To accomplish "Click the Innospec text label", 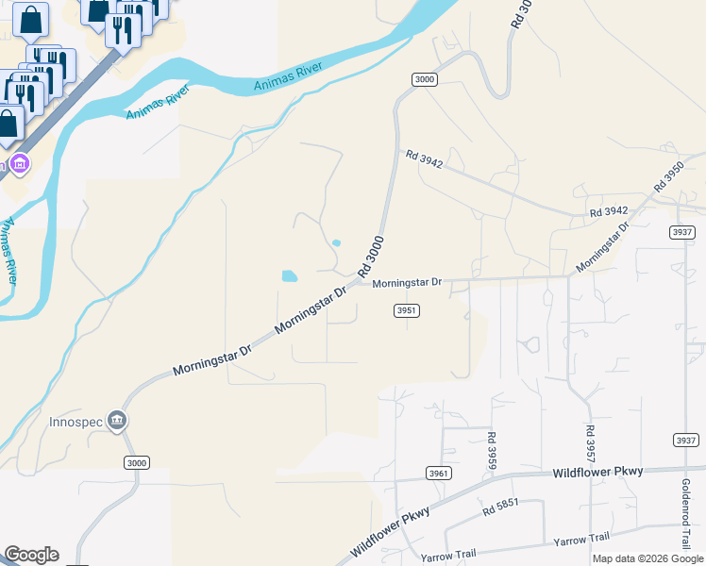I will click(76, 422).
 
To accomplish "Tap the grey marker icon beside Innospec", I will click(117, 421).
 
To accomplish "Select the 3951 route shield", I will click(406, 310).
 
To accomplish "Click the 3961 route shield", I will click(437, 473).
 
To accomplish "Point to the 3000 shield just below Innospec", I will click(136, 462).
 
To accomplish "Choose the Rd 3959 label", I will click(492, 448).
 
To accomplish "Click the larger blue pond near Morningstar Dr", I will click(289, 276).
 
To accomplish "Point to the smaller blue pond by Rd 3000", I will click(336, 243).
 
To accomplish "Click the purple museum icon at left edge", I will click(20, 165).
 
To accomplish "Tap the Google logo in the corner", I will click(31, 555).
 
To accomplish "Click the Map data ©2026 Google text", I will click(648, 558).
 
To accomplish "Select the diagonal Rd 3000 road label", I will click(371, 257).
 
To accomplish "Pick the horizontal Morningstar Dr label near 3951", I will click(407, 283).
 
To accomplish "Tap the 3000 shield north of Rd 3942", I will click(424, 79).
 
